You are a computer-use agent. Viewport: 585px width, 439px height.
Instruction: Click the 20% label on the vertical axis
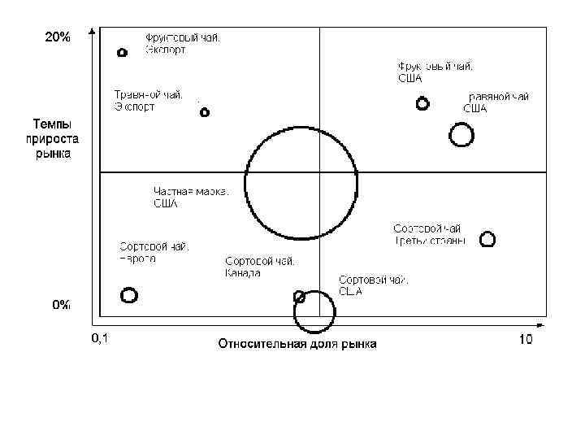(x=58, y=37)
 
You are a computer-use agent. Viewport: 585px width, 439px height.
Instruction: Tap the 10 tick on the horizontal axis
(x=526, y=338)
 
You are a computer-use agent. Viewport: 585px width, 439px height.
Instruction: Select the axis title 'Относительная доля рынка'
(x=297, y=344)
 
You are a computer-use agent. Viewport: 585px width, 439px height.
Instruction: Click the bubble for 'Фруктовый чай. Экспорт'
(x=122, y=52)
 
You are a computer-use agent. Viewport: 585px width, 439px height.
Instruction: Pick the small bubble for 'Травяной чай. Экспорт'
(x=205, y=112)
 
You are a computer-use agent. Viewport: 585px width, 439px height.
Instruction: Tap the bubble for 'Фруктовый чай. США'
(x=422, y=103)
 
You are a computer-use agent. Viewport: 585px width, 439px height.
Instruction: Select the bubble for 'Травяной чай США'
(x=461, y=134)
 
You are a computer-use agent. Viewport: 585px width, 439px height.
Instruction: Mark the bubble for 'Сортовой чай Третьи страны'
(x=487, y=239)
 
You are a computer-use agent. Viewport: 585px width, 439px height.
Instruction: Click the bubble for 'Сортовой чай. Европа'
(x=128, y=295)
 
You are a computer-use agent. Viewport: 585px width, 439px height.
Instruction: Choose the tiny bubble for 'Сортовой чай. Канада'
(x=299, y=296)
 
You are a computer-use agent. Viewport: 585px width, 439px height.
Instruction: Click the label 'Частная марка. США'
(x=190, y=197)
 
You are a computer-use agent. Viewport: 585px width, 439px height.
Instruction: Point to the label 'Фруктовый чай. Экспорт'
(x=183, y=43)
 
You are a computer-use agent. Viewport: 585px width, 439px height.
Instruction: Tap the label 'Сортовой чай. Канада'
(x=259, y=267)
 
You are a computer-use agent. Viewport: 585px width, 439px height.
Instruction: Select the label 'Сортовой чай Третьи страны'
(x=430, y=234)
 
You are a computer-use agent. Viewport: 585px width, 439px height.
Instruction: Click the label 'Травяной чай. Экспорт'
(x=148, y=100)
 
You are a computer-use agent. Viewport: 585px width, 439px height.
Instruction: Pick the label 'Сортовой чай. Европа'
(x=154, y=252)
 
